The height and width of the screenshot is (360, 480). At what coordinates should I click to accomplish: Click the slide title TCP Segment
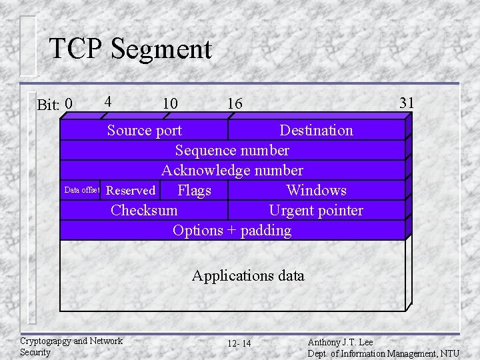(x=130, y=49)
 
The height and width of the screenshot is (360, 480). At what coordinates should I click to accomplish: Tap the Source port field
(x=145, y=130)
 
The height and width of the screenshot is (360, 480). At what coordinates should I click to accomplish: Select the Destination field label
(x=316, y=130)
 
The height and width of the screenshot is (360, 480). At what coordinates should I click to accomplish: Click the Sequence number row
(x=232, y=150)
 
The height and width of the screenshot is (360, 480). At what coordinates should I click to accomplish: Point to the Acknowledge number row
(x=232, y=170)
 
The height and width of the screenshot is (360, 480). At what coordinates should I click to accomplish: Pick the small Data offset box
(x=81, y=190)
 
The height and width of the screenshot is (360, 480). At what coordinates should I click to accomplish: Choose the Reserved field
(x=131, y=191)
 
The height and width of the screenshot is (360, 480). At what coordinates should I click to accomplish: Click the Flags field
(x=194, y=191)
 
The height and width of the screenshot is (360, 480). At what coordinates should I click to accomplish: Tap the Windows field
(x=316, y=191)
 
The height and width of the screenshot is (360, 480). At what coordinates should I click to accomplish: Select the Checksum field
(x=144, y=210)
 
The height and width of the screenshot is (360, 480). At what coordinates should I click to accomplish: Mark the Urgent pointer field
(x=316, y=210)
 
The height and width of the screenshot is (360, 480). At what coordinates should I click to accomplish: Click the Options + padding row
(x=232, y=230)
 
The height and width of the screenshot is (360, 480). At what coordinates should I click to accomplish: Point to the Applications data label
(x=248, y=275)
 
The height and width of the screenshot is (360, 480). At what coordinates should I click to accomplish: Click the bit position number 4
(x=107, y=102)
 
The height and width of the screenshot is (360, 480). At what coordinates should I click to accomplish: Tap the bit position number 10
(x=170, y=103)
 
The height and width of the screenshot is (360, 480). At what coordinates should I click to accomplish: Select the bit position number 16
(x=235, y=103)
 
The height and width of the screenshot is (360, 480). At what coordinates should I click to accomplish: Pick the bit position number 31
(x=406, y=102)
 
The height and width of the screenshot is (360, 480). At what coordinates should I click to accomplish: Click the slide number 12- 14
(x=239, y=343)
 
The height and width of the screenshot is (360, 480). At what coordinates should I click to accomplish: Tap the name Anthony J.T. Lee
(x=340, y=342)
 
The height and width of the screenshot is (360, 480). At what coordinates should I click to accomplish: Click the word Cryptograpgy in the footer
(x=45, y=341)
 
